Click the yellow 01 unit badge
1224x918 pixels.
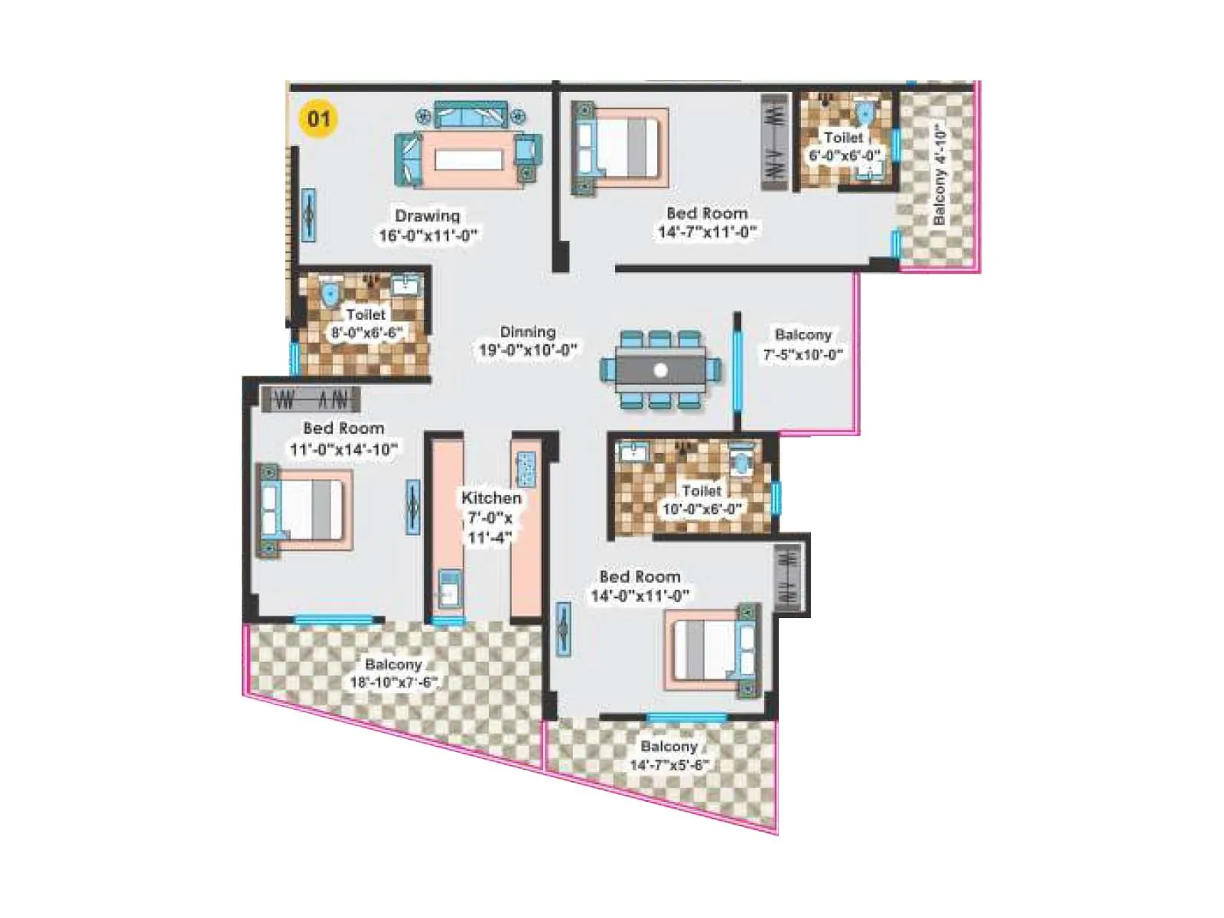pos(318,119)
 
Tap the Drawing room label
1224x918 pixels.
pos(427,216)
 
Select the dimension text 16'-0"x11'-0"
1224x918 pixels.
pos(428,236)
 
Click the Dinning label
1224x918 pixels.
pos(528,332)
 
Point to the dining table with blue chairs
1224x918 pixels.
pos(660,370)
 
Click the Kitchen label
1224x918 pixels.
pos(491,498)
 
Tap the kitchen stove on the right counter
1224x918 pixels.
pos(527,469)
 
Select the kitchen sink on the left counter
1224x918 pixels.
pos(449,590)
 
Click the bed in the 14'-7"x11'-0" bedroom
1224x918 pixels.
pos(620,148)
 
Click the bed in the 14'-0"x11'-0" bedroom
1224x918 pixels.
pos(711,649)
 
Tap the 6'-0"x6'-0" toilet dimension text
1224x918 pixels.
pos(845,156)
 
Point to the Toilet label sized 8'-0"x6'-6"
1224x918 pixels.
pos(366,314)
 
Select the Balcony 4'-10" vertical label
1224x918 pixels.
pos(939,176)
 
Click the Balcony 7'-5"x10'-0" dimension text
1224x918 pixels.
pos(802,355)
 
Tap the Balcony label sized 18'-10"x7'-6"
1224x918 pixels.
pos(393,664)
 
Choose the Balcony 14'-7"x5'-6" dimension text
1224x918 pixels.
pos(669,765)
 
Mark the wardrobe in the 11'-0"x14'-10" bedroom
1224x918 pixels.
pos(310,399)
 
